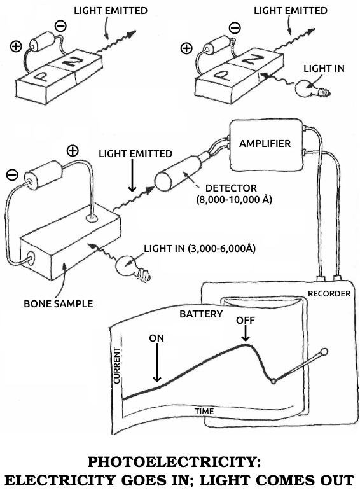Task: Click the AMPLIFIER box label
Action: (x=265, y=144)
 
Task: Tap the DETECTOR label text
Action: (x=231, y=188)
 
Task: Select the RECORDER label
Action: (x=329, y=294)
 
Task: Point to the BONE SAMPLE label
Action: (x=59, y=303)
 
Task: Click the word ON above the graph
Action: (x=156, y=338)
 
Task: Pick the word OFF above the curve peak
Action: (x=245, y=321)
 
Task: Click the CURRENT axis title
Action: (x=117, y=365)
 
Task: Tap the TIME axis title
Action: (x=204, y=412)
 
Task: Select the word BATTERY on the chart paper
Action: (x=201, y=314)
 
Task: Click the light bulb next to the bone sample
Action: (x=132, y=268)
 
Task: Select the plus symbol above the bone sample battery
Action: (x=73, y=151)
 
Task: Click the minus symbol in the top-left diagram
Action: (x=60, y=26)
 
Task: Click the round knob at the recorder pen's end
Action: (x=324, y=352)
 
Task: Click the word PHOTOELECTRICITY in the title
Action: (x=174, y=462)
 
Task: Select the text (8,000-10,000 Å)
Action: (x=234, y=200)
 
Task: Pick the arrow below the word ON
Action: (x=157, y=363)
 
